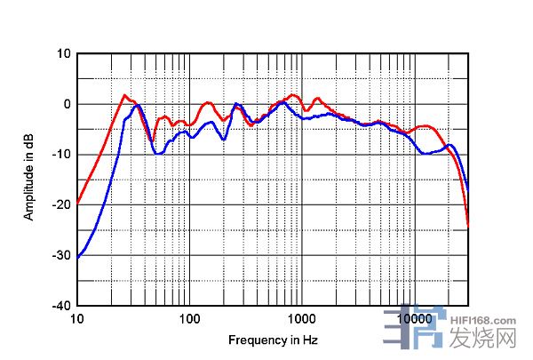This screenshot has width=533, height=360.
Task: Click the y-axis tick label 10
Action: pos(64,53)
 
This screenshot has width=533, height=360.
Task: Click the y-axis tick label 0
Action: pos(67,104)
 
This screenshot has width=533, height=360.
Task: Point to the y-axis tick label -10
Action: pos(62,154)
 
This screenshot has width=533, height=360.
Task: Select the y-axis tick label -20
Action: pos(62,204)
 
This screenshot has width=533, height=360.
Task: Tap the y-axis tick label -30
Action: pos(62,255)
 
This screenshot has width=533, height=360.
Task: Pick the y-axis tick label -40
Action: pos(62,305)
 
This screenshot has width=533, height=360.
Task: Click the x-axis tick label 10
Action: pos(77,318)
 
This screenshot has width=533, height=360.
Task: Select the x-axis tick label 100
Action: pos(189,318)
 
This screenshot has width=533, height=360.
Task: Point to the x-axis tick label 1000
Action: pos(302,318)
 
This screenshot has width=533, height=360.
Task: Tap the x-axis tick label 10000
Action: pos(414,318)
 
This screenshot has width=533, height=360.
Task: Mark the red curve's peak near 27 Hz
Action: pos(125,95)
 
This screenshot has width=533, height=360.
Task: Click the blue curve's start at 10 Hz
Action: pos(78,257)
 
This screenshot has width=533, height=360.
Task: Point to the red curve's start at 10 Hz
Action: pos(78,202)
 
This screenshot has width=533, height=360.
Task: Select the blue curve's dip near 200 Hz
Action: pos(223,140)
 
